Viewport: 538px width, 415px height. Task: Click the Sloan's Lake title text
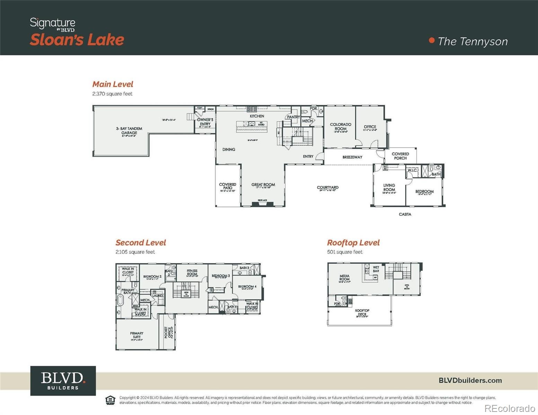pos(77,40)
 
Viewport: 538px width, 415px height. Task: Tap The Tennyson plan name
pos(472,41)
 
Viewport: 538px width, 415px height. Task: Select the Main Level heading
pos(113,84)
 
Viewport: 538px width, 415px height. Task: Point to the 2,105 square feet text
pos(135,252)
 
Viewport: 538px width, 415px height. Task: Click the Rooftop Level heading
pos(353,243)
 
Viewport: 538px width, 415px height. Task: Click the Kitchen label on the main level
pos(257,116)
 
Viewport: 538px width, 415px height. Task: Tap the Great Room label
pos(263,185)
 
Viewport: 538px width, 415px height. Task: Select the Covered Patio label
pos(228,186)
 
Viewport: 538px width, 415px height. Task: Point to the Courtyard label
pos(327,187)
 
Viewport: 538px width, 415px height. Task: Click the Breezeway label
pos(352,157)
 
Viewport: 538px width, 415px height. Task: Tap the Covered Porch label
pos(400,156)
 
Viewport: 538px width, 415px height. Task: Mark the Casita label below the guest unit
pos(405,214)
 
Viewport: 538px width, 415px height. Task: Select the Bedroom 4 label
pos(247,287)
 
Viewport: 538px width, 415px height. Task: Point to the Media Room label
pos(344,278)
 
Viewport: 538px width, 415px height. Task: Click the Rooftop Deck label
pos(362,312)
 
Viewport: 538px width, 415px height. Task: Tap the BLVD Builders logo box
pos(63,380)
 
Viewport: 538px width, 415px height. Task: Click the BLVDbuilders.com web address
pos(470,380)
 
